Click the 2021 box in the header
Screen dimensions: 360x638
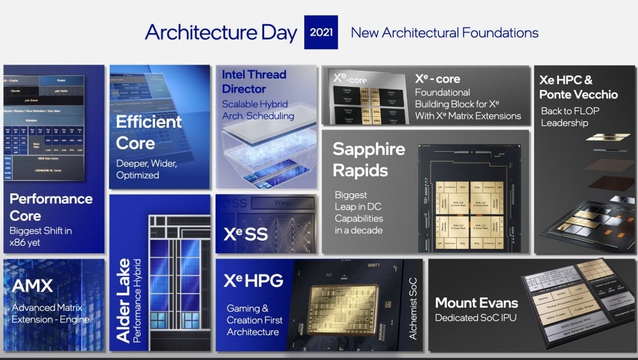coord(321,33)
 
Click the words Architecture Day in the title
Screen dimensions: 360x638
coord(221,33)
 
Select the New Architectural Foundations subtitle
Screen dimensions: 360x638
coord(445,33)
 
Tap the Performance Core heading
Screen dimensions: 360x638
coord(51,207)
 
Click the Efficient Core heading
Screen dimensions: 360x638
coord(149,131)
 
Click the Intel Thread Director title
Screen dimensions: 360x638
coord(254,82)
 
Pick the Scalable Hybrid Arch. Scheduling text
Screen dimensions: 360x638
coord(258,110)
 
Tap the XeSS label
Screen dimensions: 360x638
coord(246,234)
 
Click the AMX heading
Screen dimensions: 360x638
coord(33,285)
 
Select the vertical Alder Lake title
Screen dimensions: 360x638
coord(123,300)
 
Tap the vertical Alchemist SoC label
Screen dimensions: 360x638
coord(413,306)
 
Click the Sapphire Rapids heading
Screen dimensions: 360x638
coord(369,160)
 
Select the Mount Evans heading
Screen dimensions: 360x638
coord(477,303)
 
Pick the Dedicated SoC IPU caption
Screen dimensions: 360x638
coord(477,317)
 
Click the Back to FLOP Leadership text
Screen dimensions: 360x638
coord(570,116)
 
